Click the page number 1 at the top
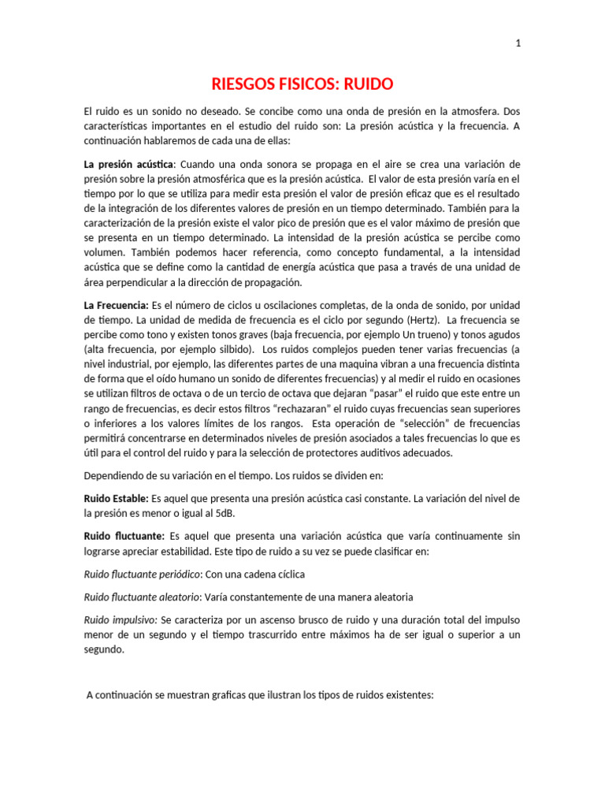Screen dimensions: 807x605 tap(518, 44)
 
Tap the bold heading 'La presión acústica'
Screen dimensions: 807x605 tap(128, 164)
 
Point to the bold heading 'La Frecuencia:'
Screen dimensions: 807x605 tap(116, 304)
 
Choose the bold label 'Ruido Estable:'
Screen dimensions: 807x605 tap(116, 499)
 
